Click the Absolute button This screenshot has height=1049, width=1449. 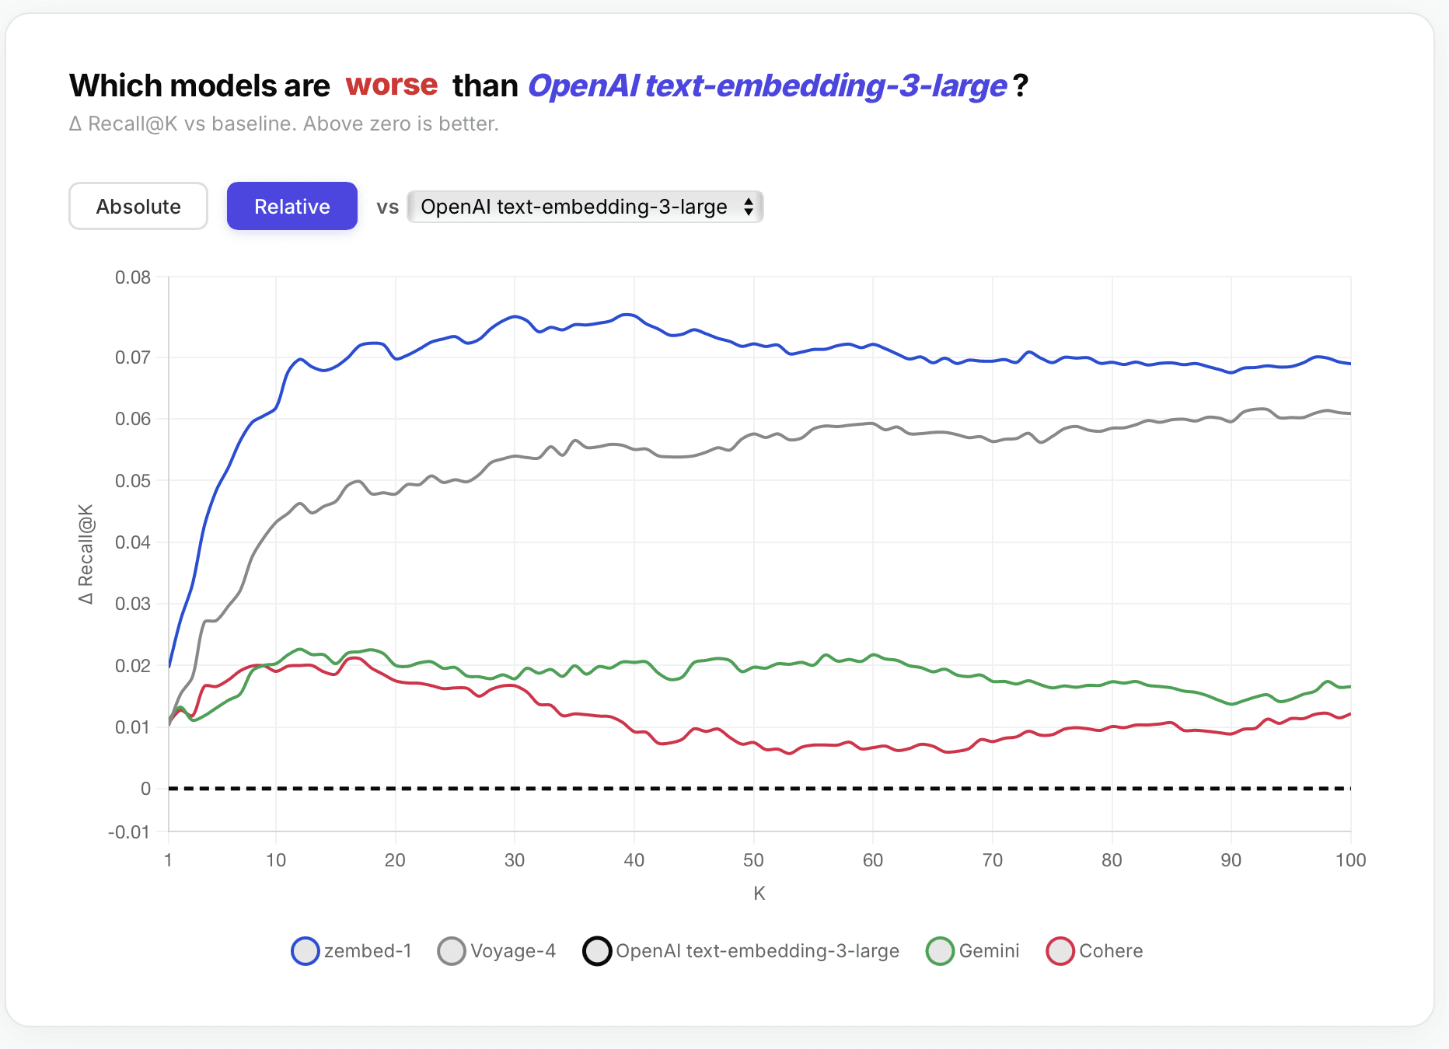click(138, 207)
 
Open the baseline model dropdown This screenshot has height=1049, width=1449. click(585, 207)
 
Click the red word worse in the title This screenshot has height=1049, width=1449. click(391, 85)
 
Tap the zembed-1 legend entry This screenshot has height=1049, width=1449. click(351, 951)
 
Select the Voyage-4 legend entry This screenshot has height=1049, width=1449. click(498, 951)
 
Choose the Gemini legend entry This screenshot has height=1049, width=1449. click(973, 951)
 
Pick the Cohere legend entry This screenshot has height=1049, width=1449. click(1095, 951)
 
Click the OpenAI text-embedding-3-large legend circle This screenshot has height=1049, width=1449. click(597, 951)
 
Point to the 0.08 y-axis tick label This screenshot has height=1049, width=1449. click(133, 277)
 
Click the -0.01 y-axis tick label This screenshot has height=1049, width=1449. click(129, 832)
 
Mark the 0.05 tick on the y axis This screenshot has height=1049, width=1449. click(133, 481)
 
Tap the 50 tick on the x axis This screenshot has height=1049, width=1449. click(753, 860)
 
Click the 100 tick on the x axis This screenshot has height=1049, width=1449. click(1350, 860)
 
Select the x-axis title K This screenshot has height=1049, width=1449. click(759, 894)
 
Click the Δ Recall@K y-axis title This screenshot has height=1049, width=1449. click(86, 554)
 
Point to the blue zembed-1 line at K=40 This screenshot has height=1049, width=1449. click(634, 315)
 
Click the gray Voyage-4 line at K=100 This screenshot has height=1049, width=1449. click(1349, 413)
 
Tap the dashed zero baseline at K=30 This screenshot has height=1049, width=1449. click(515, 789)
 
